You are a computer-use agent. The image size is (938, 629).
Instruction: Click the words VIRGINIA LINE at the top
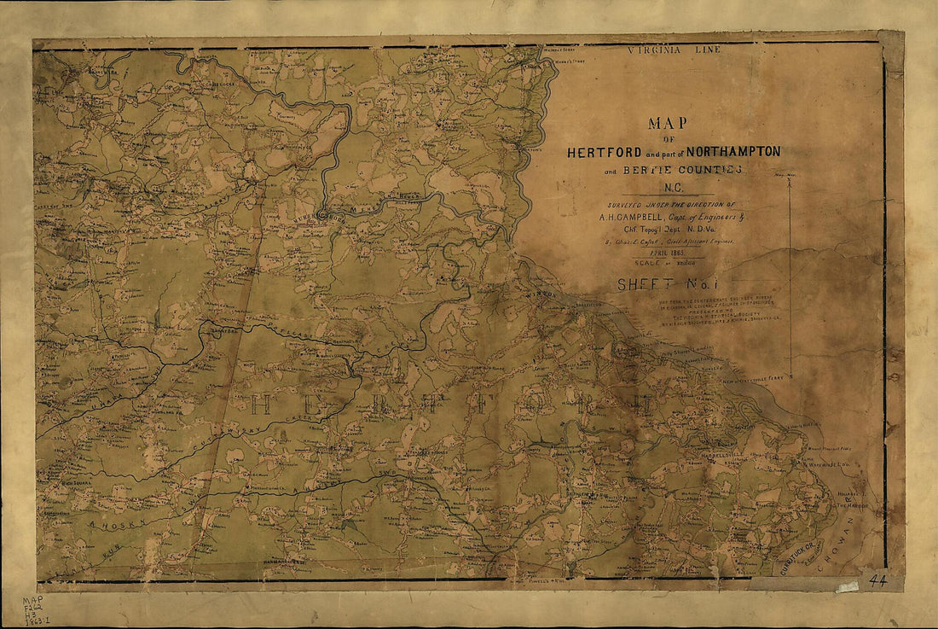(674, 50)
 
